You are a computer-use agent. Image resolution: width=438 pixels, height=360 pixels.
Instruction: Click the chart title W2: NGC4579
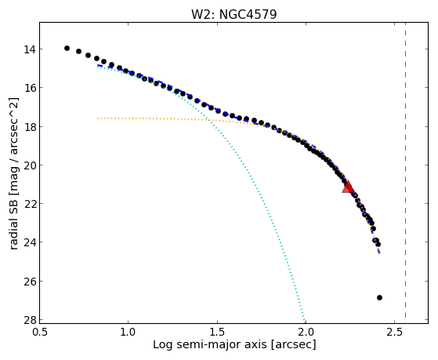(x=233, y=14)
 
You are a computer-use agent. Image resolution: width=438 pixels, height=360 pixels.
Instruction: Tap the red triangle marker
(x=348, y=187)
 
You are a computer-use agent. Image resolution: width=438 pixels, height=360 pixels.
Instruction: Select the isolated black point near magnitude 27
(x=379, y=297)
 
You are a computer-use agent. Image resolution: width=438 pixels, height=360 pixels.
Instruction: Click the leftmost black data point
(x=67, y=48)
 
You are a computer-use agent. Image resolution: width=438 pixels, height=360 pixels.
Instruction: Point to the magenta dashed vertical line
(x=405, y=170)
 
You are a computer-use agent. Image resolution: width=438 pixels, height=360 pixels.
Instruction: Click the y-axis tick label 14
(x=29, y=49)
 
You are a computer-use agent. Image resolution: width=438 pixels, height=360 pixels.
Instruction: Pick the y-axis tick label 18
(x=29, y=127)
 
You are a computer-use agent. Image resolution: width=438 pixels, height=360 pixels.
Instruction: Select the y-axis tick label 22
(x=29, y=204)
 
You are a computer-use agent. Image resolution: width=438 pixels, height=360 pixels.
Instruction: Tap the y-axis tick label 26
(x=29, y=281)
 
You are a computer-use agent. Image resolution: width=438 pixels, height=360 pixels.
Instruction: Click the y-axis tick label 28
(x=29, y=320)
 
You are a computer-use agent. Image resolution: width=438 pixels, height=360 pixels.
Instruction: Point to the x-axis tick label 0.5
(x=40, y=332)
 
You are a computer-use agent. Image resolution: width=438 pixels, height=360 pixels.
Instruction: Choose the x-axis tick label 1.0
(x=128, y=332)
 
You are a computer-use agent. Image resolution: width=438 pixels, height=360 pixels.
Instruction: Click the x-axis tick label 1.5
(x=217, y=332)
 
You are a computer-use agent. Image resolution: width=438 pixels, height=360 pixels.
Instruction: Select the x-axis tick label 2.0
(x=306, y=332)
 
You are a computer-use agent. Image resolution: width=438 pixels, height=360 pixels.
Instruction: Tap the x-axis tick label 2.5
(x=394, y=332)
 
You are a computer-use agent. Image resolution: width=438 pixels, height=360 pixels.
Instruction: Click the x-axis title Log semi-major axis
(x=210, y=345)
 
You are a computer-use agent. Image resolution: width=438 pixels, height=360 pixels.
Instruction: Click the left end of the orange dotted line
(x=97, y=118)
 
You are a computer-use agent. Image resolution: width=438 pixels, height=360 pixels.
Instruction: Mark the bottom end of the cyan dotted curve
(x=305, y=320)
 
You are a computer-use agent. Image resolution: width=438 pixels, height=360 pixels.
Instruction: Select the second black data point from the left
(x=79, y=51)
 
